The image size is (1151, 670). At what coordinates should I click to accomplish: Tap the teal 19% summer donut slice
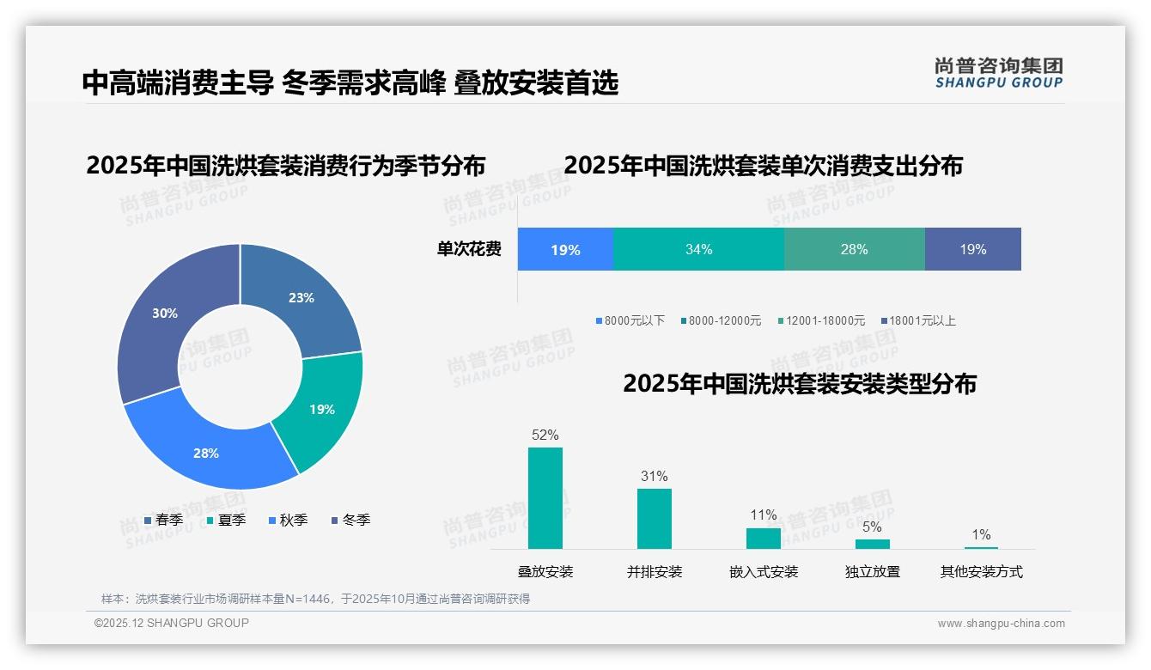[x=320, y=410]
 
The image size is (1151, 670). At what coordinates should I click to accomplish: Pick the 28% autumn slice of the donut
[x=207, y=452]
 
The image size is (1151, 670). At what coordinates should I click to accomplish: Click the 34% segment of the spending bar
[x=698, y=250]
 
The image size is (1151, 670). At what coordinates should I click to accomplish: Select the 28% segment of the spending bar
[x=854, y=250]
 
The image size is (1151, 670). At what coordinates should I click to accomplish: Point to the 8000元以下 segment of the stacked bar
[x=565, y=250]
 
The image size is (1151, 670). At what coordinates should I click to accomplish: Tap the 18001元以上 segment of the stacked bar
[x=972, y=250]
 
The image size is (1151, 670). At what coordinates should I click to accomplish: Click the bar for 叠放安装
[x=545, y=498]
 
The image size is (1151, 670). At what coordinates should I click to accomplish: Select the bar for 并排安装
[x=654, y=519]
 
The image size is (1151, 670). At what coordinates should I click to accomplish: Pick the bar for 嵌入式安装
[x=763, y=539]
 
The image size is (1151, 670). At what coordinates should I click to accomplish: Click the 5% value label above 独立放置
[x=872, y=527]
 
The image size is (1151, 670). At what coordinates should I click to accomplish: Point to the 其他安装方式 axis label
[x=981, y=572]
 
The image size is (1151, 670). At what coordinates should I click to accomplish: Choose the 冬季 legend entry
[x=350, y=521]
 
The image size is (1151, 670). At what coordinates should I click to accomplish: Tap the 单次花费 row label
[x=469, y=250]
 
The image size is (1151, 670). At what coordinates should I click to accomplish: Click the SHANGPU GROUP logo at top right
[x=998, y=73]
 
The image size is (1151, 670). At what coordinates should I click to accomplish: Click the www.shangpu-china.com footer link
[x=1001, y=624]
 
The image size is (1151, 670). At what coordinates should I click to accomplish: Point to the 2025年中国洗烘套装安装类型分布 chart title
[x=799, y=384]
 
